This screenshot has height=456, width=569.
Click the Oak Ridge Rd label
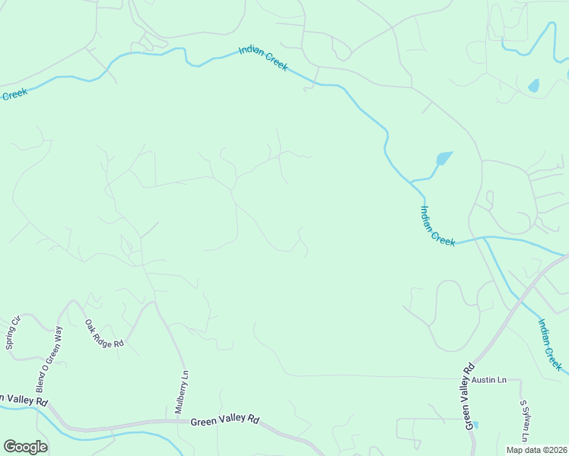[103, 334]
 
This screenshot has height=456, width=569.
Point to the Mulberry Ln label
[183, 391]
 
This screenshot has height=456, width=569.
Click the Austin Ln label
[488, 378]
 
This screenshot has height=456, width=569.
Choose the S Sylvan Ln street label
[523, 422]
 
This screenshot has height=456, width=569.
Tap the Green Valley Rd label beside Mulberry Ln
[224, 420]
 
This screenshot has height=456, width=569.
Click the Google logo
[25, 447]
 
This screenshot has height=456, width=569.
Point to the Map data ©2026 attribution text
[536, 450]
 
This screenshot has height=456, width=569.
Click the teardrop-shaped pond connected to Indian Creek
[442, 159]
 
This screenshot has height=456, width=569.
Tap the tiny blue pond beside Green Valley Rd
[475, 424]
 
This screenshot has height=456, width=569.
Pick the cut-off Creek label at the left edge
[14, 93]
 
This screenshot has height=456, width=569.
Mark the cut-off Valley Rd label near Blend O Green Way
[24, 400]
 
